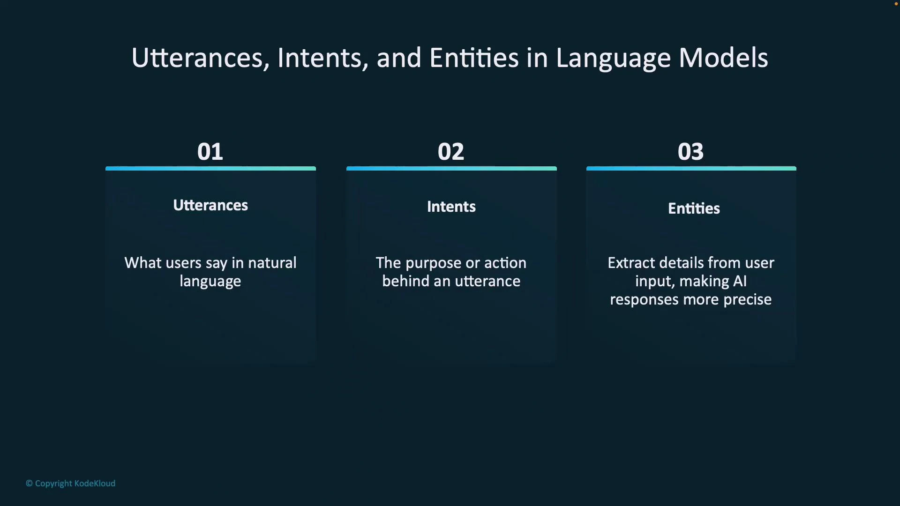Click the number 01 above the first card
(210, 151)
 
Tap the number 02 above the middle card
(451, 151)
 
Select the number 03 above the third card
(690, 151)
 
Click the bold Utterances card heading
(210, 205)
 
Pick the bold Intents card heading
(451, 207)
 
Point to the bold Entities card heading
(694, 208)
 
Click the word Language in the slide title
(614, 59)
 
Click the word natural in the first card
(272, 263)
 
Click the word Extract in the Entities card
(631, 263)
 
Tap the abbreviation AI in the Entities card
(739, 281)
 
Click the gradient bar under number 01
(210, 168)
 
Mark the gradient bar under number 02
(451, 168)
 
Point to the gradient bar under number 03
(691, 168)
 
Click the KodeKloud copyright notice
(70, 484)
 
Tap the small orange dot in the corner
(896, 4)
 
